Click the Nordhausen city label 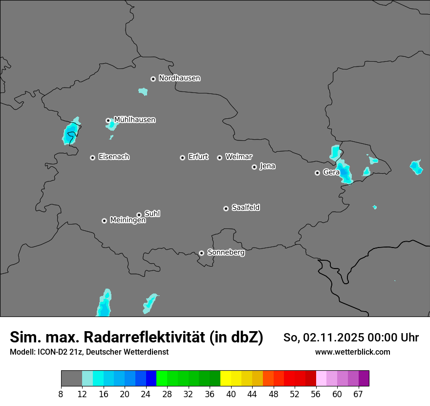click(179, 78)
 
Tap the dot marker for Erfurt click(183, 158)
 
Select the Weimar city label click(238, 157)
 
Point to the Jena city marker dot click(254, 167)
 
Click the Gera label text click(331, 172)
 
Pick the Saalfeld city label click(245, 207)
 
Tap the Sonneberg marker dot click(201, 253)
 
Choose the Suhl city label click(152, 214)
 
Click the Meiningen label click(128, 220)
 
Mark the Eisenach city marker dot click(92, 158)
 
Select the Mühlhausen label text click(134, 120)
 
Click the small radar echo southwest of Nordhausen click(143, 91)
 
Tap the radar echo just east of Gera click(345, 172)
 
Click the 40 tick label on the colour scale click(231, 393)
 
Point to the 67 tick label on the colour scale click(358, 393)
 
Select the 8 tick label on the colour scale click(61, 393)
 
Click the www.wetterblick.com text click(352, 352)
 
